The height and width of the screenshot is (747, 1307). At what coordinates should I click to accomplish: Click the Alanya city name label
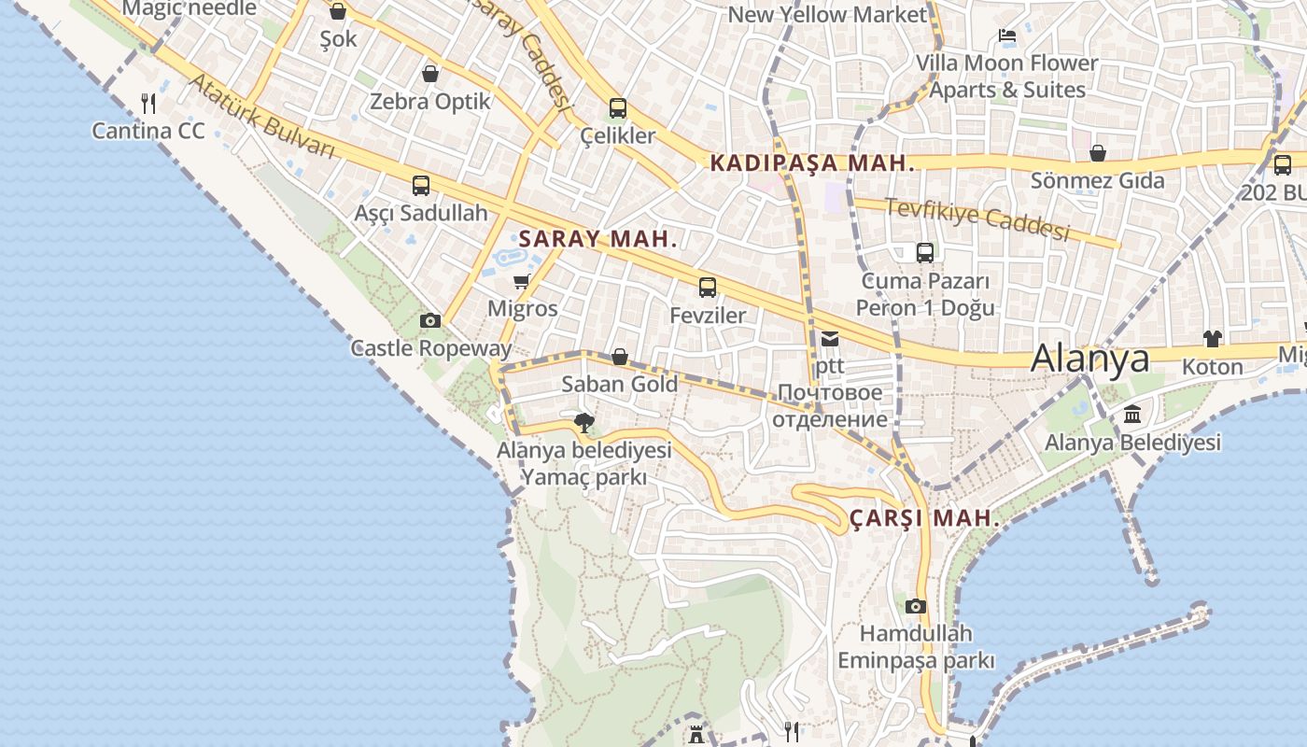click(1089, 359)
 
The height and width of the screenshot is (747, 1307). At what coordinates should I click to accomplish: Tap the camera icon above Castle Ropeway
click(430, 321)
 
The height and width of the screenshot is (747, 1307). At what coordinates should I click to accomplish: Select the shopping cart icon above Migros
click(521, 281)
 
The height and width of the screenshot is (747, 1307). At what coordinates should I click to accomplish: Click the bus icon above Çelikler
click(618, 108)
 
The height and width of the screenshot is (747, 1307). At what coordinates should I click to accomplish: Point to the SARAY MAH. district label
click(597, 239)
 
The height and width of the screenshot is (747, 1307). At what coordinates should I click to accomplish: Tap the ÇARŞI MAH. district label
click(924, 519)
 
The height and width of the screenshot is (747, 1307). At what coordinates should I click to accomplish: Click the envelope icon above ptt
click(830, 339)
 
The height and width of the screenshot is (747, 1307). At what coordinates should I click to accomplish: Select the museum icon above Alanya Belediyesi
click(1132, 415)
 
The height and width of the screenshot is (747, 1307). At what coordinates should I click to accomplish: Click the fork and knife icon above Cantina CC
click(148, 104)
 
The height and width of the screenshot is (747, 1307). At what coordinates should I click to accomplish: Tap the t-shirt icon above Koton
click(1212, 339)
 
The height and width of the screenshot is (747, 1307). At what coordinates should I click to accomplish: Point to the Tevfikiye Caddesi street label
click(977, 219)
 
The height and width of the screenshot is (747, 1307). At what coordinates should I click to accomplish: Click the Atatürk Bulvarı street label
click(261, 116)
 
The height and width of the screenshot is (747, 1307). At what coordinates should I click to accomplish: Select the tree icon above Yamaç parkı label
click(584, 423)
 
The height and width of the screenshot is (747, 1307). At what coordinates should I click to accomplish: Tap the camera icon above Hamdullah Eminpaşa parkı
click(916, 606)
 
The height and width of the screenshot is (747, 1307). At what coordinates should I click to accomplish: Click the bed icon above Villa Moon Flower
click(1007, 36)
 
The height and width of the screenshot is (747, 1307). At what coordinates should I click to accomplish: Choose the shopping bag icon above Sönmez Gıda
click(1098, 153)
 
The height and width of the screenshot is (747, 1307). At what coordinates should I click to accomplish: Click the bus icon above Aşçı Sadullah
click(421, 186)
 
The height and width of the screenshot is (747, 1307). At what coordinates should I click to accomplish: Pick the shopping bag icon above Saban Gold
click(619, 357)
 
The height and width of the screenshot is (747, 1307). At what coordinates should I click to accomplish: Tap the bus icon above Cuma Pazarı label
click(925, 253)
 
